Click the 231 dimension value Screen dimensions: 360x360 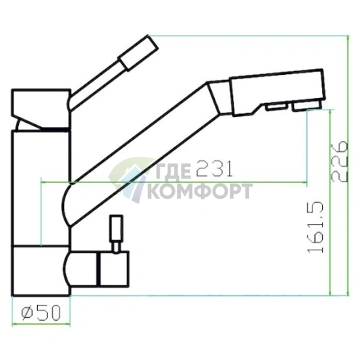pyautogui.click(x=214, y=168)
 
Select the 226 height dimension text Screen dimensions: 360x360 pyautogui.click(x=340, y=161)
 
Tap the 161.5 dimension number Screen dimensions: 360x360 pyautogui.click(x=316, y=227)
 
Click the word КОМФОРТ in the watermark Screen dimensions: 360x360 pyautogui.click(x=200, y=191)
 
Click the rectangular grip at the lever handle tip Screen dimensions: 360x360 pyautogui.click(x=138, y=53)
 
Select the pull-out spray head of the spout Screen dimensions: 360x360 pyautogui.click(x=277, y=92)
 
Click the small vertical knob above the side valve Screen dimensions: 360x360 pyautogui.click(x=116, y=228)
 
